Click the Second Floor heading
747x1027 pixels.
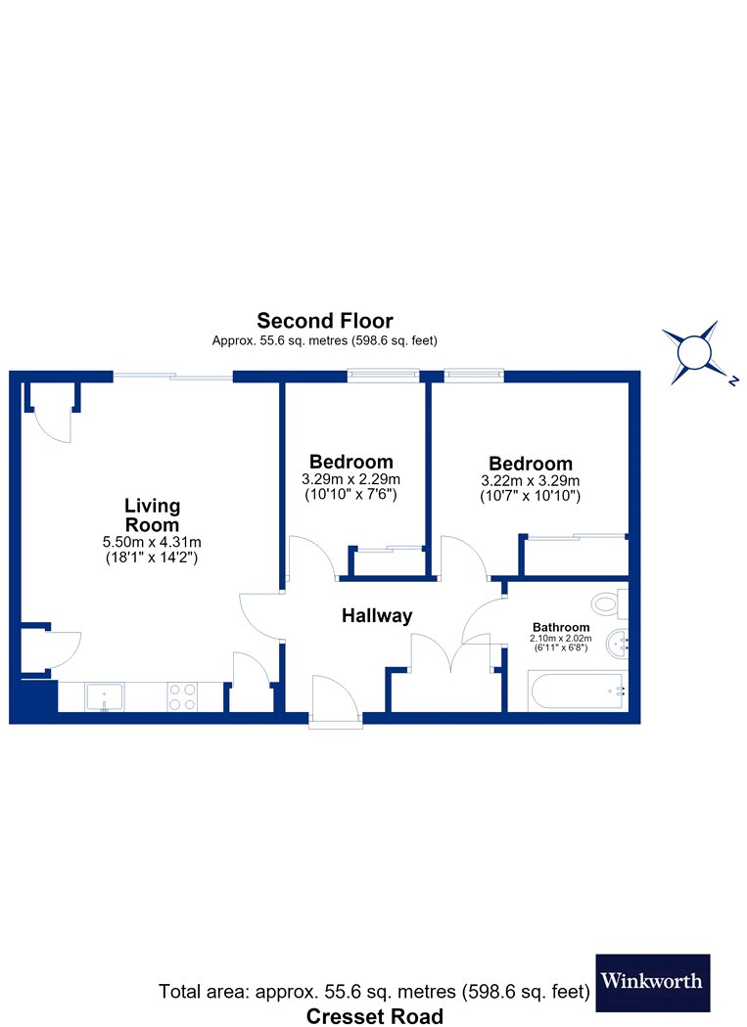point(325,321)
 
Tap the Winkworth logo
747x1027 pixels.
point(653,982)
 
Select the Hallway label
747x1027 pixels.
point(377,615)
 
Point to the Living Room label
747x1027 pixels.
point(152,514)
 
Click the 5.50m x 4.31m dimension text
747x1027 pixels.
point(152,542)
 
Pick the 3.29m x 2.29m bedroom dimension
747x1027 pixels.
point(350,479)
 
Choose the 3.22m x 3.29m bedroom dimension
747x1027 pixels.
point(531,481)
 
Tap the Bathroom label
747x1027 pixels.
point(561,628)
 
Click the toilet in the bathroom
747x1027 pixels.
point(609,603)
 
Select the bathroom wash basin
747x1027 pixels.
point(618,644)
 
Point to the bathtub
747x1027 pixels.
point(576,692)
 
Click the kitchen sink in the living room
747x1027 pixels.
point(105,696)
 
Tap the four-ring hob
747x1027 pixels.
point(182,696)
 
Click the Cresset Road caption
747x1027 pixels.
point(375,1016)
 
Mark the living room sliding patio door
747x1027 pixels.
point(173,376)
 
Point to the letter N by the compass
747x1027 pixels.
point(733,380)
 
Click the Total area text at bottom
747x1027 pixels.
point(375,992)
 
